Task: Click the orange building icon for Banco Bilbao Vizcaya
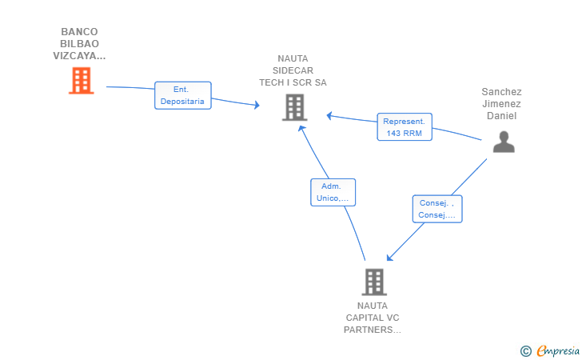pos(82,80)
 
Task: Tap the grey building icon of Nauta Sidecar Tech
pos(295,107)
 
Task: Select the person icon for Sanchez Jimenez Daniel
pos(504,142)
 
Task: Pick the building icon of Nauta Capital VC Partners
pos(374,282)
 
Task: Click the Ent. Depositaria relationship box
pos(183,95)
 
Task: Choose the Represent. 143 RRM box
pos(405,127)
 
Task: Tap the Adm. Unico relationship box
pos(333,193)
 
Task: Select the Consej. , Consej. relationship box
pos(437,209)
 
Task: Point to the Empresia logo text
pos(558,350)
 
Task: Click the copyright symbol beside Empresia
pos(525,351)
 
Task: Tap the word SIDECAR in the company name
pos(293,70)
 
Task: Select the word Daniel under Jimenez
pos(501,116)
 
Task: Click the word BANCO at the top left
pos(79,31)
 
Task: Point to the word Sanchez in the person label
pos(501,92)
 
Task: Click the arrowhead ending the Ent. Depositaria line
pos(257,105)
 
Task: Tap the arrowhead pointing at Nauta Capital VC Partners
pos(389,258)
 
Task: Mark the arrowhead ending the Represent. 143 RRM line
pos(329,116)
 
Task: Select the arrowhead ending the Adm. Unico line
pos(301,129)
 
